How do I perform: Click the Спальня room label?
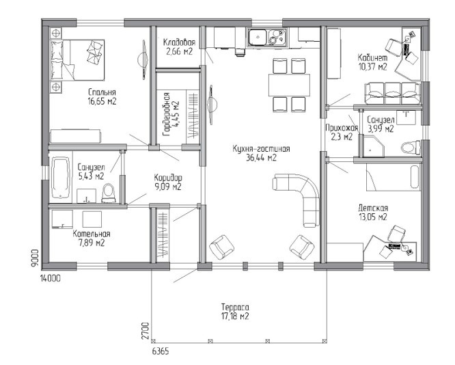(x=102, y=92)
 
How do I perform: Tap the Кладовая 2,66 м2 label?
(x=179, y=46)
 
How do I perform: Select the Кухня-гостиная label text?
(x=261, y=149)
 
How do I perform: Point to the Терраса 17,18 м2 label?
(x=235, y=312)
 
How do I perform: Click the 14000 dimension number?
(x=51, y=278)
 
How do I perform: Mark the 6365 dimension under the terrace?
(x=160, y=351)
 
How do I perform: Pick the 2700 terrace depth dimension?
(x=147, y=330)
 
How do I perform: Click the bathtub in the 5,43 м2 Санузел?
(x=61, y=178)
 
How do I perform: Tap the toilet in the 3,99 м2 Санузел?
(x=411, y=148)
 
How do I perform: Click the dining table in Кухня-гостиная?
(x=289, y=85)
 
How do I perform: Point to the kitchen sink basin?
(x=258, y=37)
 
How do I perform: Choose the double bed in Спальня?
(x=77, y=60)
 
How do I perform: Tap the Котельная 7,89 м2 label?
(x=92, y=238)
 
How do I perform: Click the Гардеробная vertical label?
(x=171, y=114)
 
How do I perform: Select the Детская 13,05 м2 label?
(x=373, y=213)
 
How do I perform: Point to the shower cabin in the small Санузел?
(x=373, y=147)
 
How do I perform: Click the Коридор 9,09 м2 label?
(x=168, y=182)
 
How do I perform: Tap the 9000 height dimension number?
(x=35, y=258)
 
